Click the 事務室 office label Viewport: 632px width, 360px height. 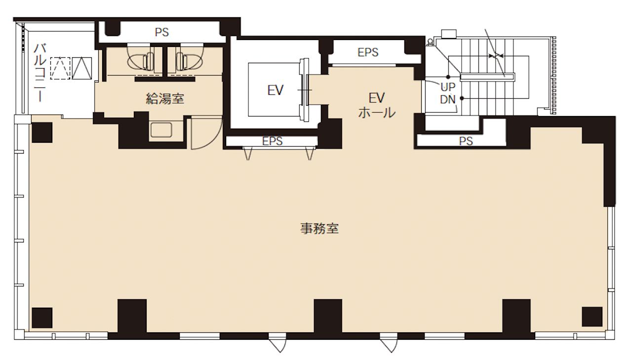tap(319, 229)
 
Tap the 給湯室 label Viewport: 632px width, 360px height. tap(165, 98)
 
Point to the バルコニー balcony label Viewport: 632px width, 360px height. tap(40, 73)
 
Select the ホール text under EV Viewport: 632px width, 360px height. tap(377, 113)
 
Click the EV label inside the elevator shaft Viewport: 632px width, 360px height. tap(275, 90)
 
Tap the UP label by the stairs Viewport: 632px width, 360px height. tap(448, 87)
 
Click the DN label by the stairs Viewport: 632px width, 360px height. tap(448, 100)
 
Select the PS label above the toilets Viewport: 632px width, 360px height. tap(161, 32)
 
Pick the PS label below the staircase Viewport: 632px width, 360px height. tap(466, 141)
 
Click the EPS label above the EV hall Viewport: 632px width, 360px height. tap(368, 52)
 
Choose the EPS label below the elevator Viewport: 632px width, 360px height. tap(272, 141)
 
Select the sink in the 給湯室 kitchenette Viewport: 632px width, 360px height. tap(161, 130)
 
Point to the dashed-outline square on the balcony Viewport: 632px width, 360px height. tap(60, 68)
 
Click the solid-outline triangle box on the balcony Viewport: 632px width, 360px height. tap(82, 68)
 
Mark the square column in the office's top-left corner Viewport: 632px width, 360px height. tap(42, 132)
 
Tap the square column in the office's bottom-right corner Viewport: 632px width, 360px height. tap(592, 317)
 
